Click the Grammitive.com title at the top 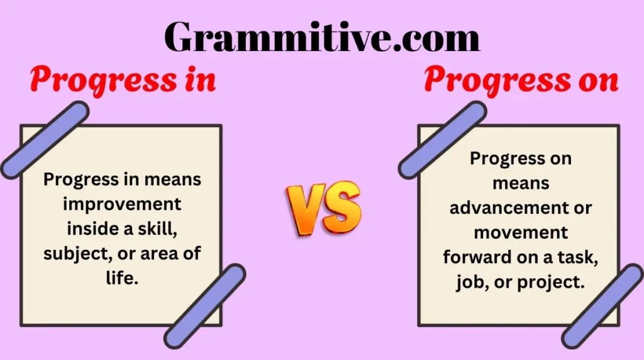click(x=322, y=37)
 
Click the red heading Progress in click(x=123, y=81)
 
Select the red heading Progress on click(x=521, y=81)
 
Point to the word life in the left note click(x=123, y=278)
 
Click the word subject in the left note click(x=71, y=254)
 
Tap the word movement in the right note click(x=521, y=233)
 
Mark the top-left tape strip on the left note click(x=44, y=139)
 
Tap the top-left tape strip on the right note click(x=442, y=139)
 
